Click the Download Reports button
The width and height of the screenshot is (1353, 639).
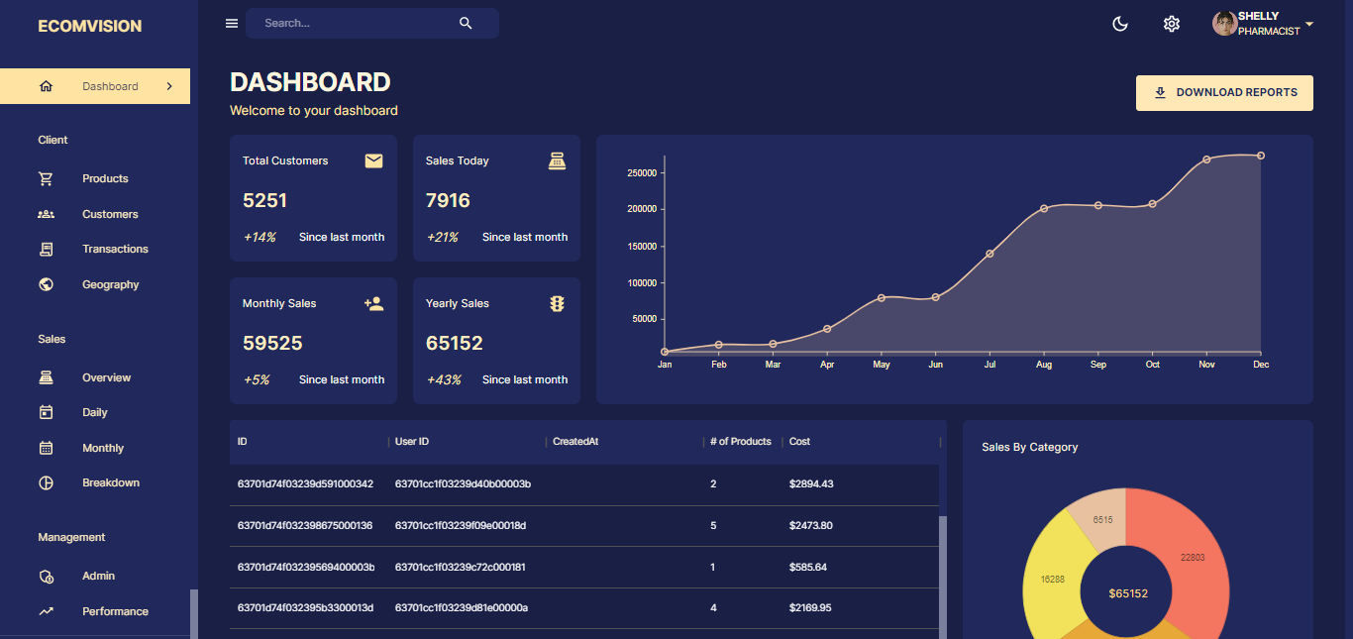[x=1224, y=92]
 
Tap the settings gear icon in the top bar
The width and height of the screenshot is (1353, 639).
[x=1172, y=24]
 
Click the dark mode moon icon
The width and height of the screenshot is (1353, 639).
[x=1120, y=24]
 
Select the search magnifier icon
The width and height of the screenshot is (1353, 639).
[x=466, y=24]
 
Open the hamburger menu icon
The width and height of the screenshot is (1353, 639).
[x=232, y=24]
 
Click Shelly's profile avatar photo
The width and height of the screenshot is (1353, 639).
[x=1224, y=24]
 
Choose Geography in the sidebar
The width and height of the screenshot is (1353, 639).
[x=110, y=284]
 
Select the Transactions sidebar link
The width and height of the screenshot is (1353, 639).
[x=115, y=249]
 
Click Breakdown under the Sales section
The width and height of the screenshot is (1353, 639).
[x=111, y=482]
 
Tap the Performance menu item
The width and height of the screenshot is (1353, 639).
[x=115, y=611]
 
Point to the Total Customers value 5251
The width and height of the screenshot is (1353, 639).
[x=264, y=200]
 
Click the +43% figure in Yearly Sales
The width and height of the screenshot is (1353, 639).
[x=443, y=379]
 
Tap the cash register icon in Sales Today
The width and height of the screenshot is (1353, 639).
[x=557, y=160]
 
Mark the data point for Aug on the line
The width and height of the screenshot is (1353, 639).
[x=1044, y=208]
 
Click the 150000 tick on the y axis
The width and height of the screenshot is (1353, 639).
[x=642, y=246]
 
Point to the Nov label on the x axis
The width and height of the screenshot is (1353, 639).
[x=1206, y=365]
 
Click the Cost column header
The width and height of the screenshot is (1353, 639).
[x=799, y=442]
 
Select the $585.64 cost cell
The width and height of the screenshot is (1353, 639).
[x=807, y=567]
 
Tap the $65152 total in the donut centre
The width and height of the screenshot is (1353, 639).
[x=1128, y=593]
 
